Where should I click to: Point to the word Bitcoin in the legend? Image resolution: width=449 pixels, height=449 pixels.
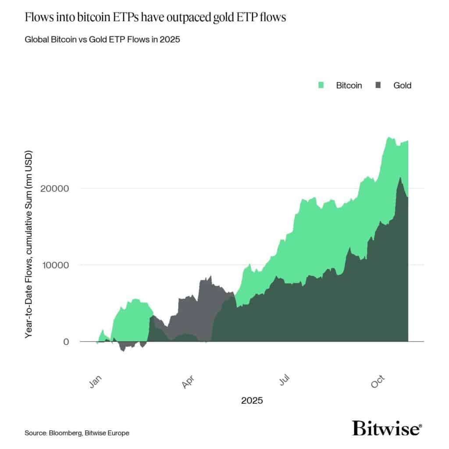click(x=349, y=86)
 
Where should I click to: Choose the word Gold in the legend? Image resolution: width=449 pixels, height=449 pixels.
click(x=402, y=86)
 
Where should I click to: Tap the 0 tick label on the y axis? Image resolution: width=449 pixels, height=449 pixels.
click(x=66, y=342)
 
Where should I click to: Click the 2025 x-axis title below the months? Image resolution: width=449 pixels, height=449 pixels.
click(x=252, y=400)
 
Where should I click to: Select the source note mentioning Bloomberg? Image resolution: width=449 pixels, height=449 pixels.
click(x=77, y=433)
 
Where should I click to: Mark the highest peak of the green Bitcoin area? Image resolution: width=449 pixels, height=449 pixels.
click(x=389, y=138)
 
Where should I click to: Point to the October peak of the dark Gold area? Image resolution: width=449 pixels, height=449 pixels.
click(x=399, y=178)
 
